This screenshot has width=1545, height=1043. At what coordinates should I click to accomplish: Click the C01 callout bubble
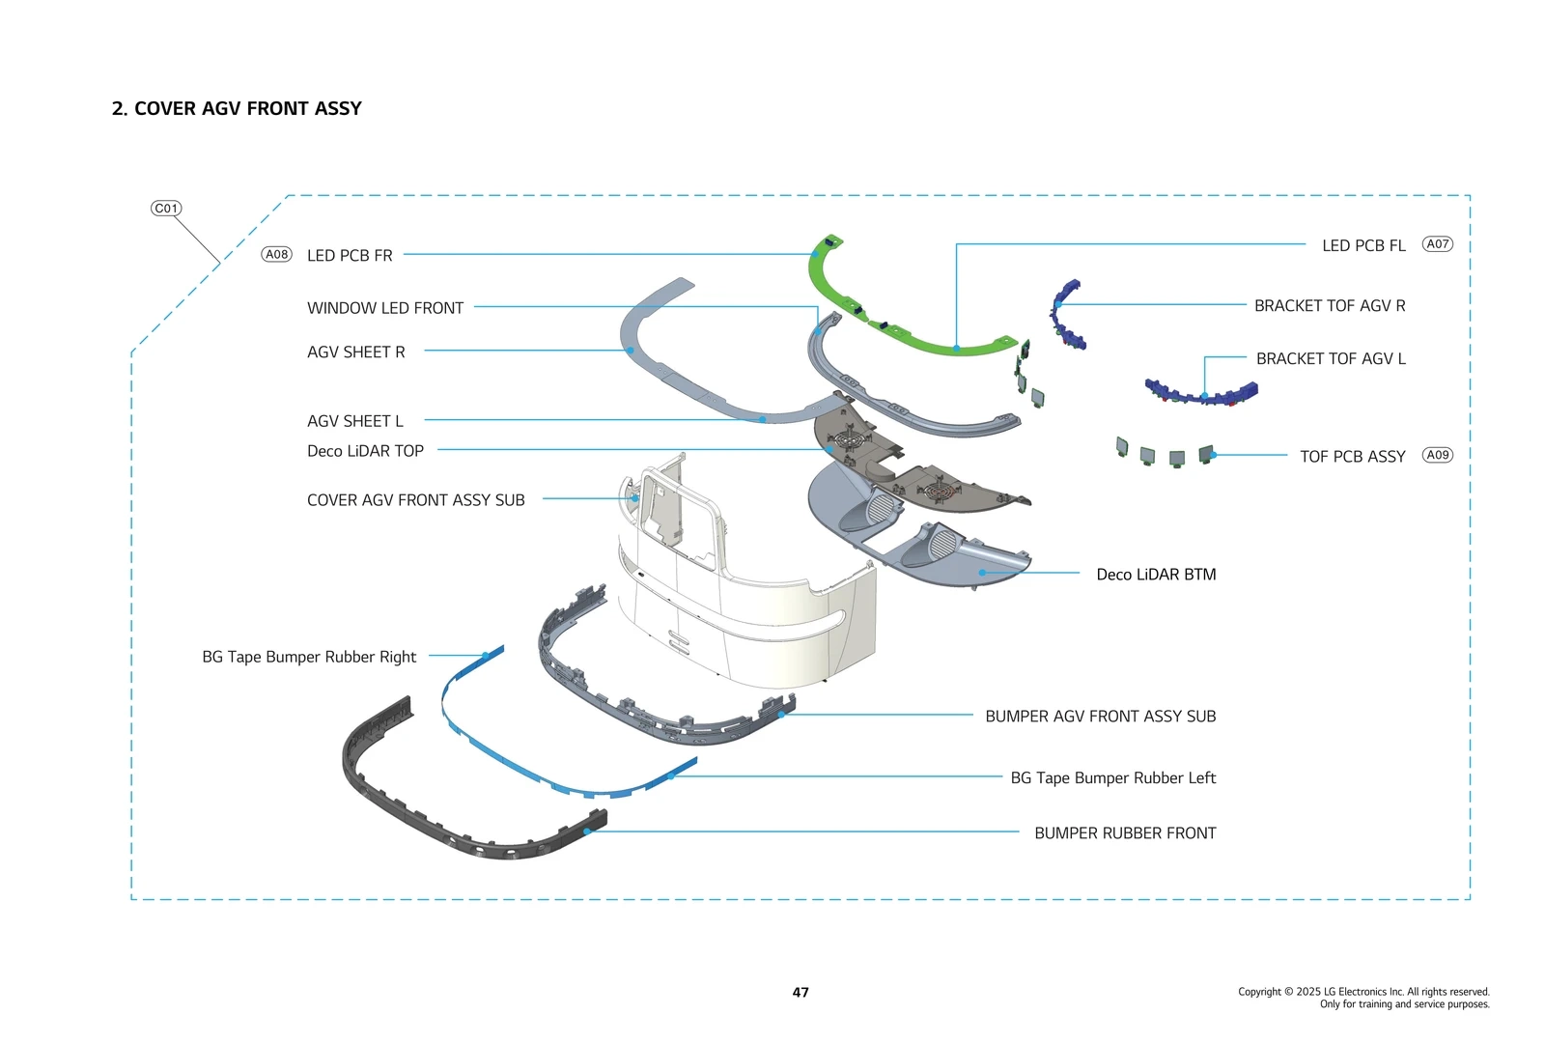166,209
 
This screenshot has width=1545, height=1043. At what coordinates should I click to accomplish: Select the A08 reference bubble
277,255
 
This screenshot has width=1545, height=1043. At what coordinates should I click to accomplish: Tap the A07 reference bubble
1438,244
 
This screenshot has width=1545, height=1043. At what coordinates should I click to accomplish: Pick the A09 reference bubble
1438,455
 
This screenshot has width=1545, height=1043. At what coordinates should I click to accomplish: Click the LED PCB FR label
350,256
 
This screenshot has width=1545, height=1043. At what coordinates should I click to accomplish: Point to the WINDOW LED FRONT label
385,308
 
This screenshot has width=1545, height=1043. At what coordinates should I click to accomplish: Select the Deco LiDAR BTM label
1156,575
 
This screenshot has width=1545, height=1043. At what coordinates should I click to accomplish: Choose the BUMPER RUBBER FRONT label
1125,833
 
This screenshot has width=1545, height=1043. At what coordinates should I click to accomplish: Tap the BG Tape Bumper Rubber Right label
309,657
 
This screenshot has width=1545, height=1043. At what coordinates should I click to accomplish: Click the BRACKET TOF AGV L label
1331,359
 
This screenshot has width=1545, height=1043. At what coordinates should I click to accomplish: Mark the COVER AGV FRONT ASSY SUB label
415,500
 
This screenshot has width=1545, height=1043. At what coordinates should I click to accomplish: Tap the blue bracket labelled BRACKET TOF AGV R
1066,314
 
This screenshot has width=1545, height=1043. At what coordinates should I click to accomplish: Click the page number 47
801,992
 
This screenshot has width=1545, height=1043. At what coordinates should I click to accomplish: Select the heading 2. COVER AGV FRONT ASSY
237,108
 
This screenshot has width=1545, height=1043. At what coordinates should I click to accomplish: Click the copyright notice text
1363,998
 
